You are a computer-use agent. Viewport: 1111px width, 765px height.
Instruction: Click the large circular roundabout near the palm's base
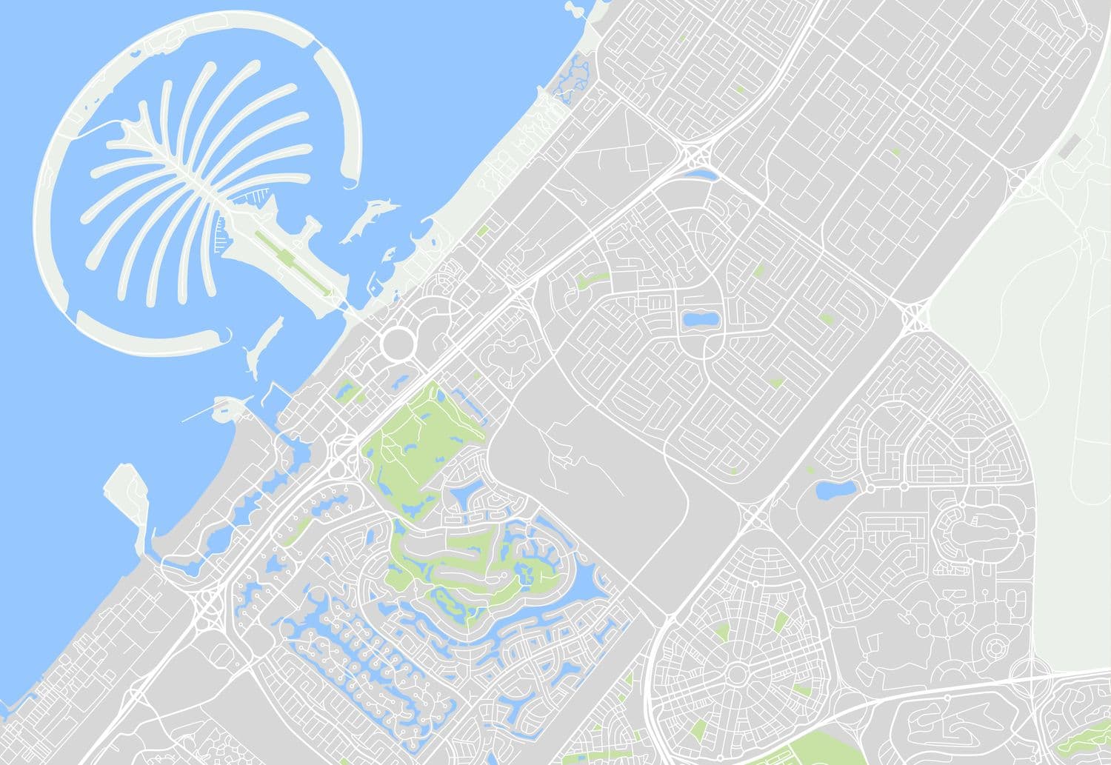click(x=398, y=344)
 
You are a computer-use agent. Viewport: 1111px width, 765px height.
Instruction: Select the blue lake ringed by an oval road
click(x=700, y=320)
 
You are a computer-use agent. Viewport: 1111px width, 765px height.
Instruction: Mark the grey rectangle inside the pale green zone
click(x=1069, y=147)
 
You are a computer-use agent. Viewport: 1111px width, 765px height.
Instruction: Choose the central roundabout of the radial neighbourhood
click(x=738, y=673)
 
